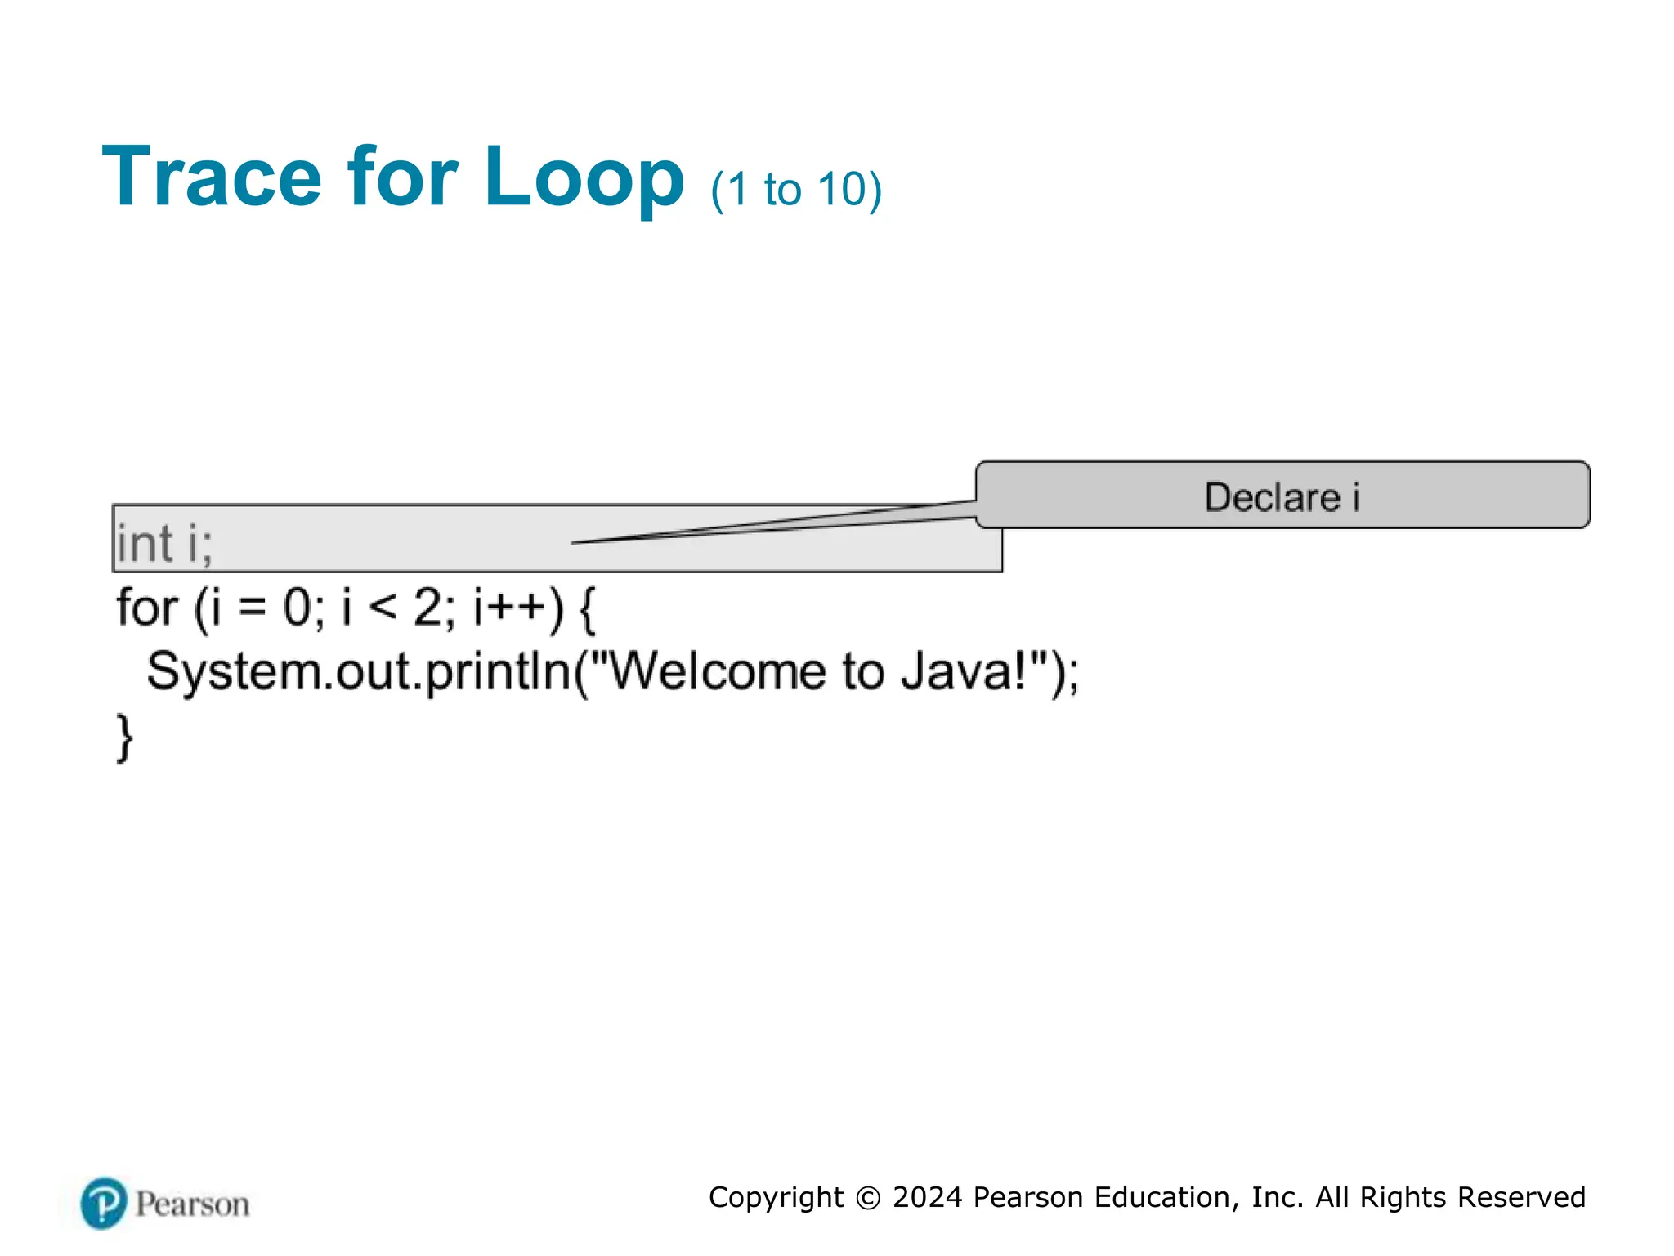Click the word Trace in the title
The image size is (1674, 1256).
pyautogui.click(x=212, y=177)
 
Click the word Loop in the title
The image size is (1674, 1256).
pyautogui.click(x=584, y=177)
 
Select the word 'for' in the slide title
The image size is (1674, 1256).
pyautogui.click(x=402, y=177)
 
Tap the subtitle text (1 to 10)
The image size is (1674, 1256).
pyautogui.click(x=796, y=190)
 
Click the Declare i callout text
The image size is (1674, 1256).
pyautogui.click(x=1282, y=497)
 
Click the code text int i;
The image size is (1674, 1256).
pyautogui.click(x=164, y=544)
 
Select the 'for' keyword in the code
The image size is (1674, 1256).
pyautogui.click(x=146, y=608)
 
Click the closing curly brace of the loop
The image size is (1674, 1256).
pyautogui.click(x=124, y=738)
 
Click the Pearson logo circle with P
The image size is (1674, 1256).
pyautogui.click(x=104, y=1203)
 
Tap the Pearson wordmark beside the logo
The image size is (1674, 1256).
pyautogui.click(x=192, y=1204)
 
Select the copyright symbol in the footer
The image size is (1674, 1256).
pyautogui.click(x=867, y=1198)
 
